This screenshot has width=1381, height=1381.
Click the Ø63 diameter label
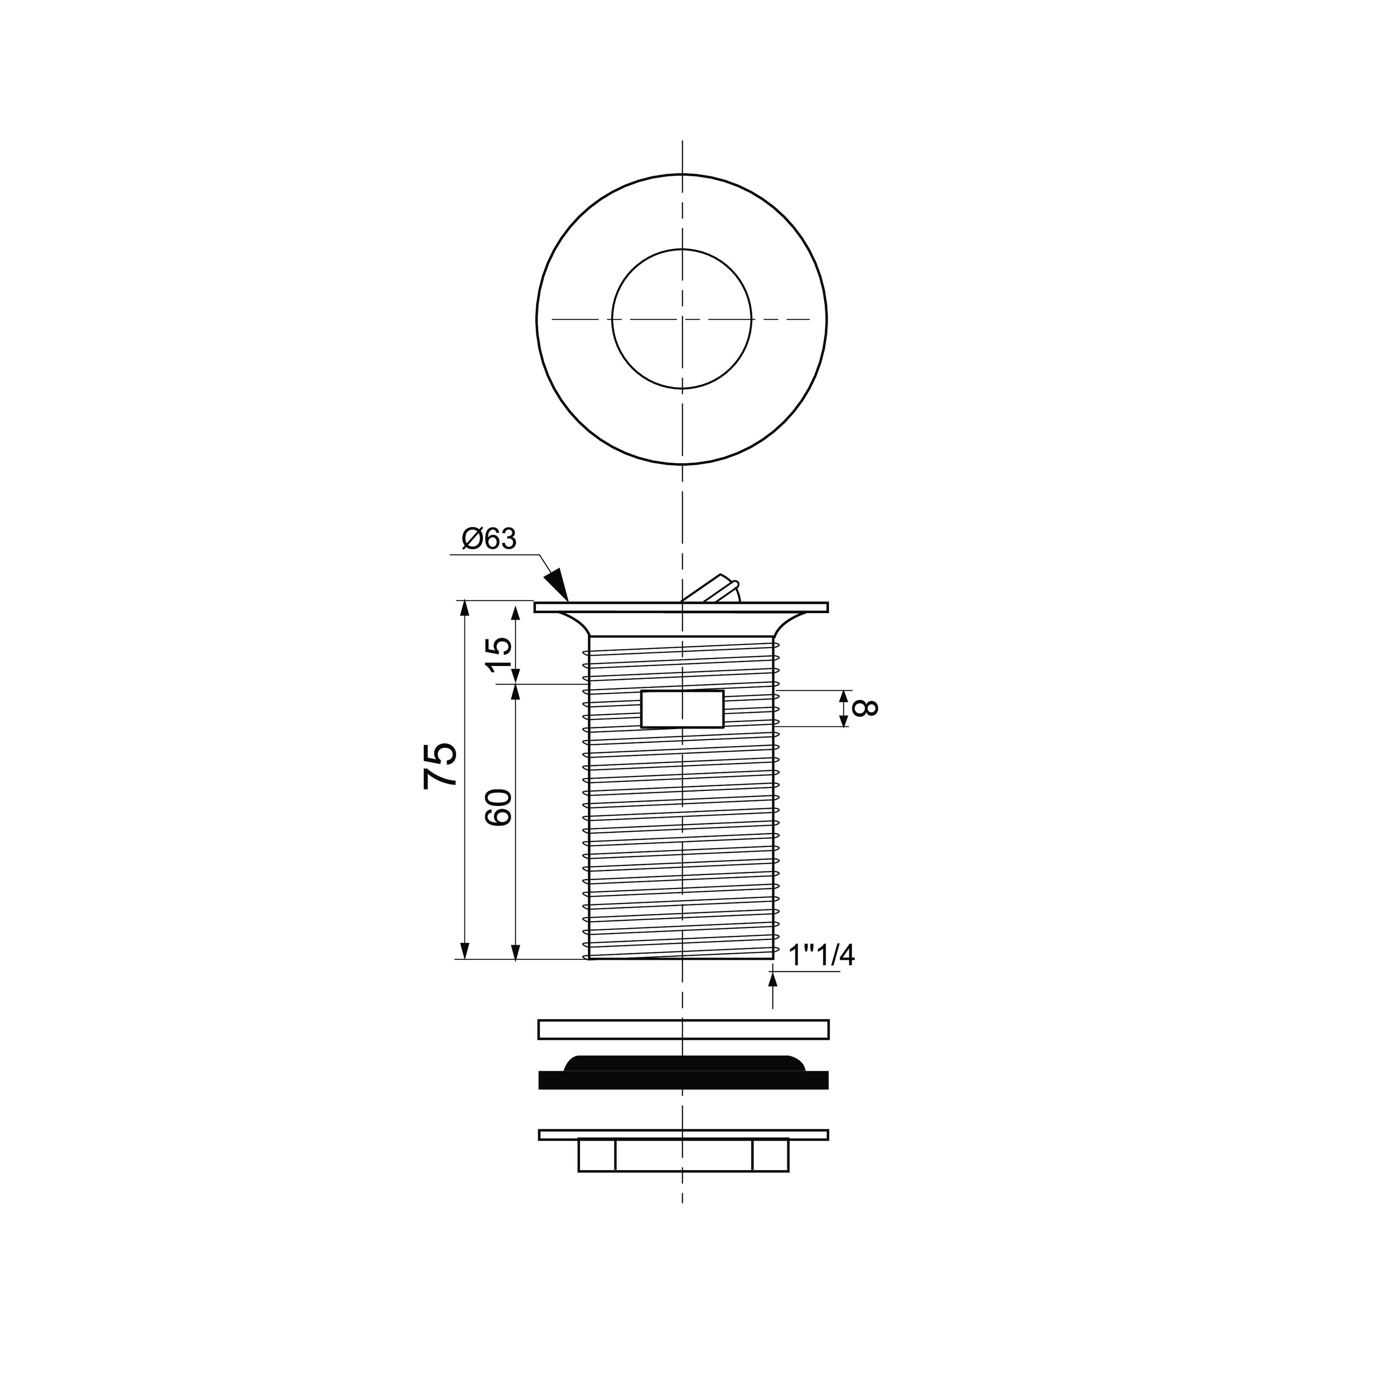489,539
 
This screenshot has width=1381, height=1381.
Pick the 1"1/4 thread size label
821,956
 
